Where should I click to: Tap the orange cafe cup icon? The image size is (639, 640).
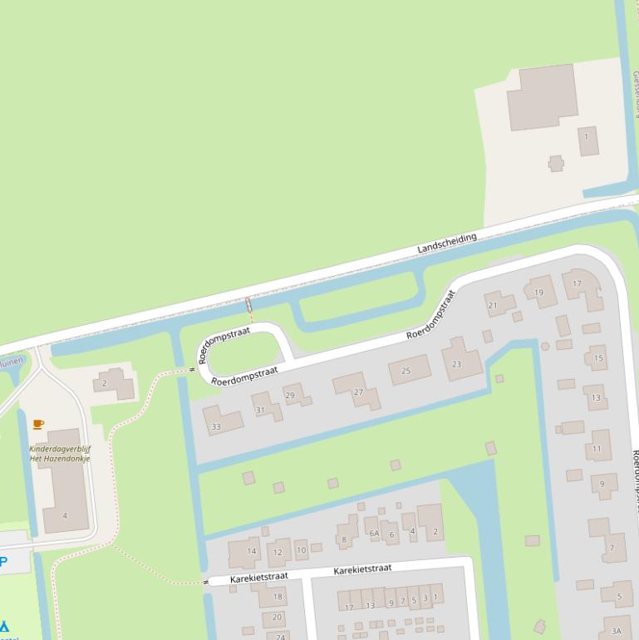click(x=37, y=424)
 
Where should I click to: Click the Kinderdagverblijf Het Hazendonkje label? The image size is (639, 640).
click(x=60, y=454)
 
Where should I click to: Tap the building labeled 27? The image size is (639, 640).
click(x=358, y=391)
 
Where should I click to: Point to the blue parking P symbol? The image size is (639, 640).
click(x=3, y=562)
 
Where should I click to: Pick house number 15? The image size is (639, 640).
click(x=597, y=358)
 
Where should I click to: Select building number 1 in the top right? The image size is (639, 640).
click(x=587, y=137)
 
